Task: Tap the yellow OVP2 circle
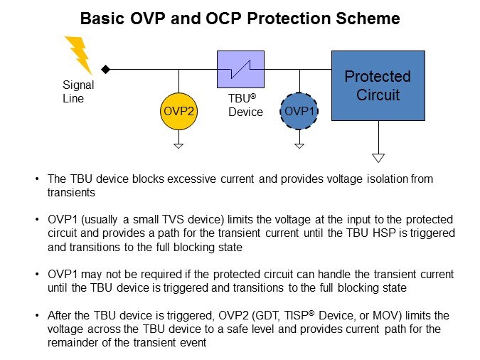coord(178,112)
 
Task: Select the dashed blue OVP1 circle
coord(299,112)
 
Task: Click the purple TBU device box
coord(240,69)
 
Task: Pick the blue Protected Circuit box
coord(378,85)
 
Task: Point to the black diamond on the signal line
coord(105,69)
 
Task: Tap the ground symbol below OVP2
coord(178,145)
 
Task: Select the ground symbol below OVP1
coord(299,145)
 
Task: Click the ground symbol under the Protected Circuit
coord(378,157)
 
